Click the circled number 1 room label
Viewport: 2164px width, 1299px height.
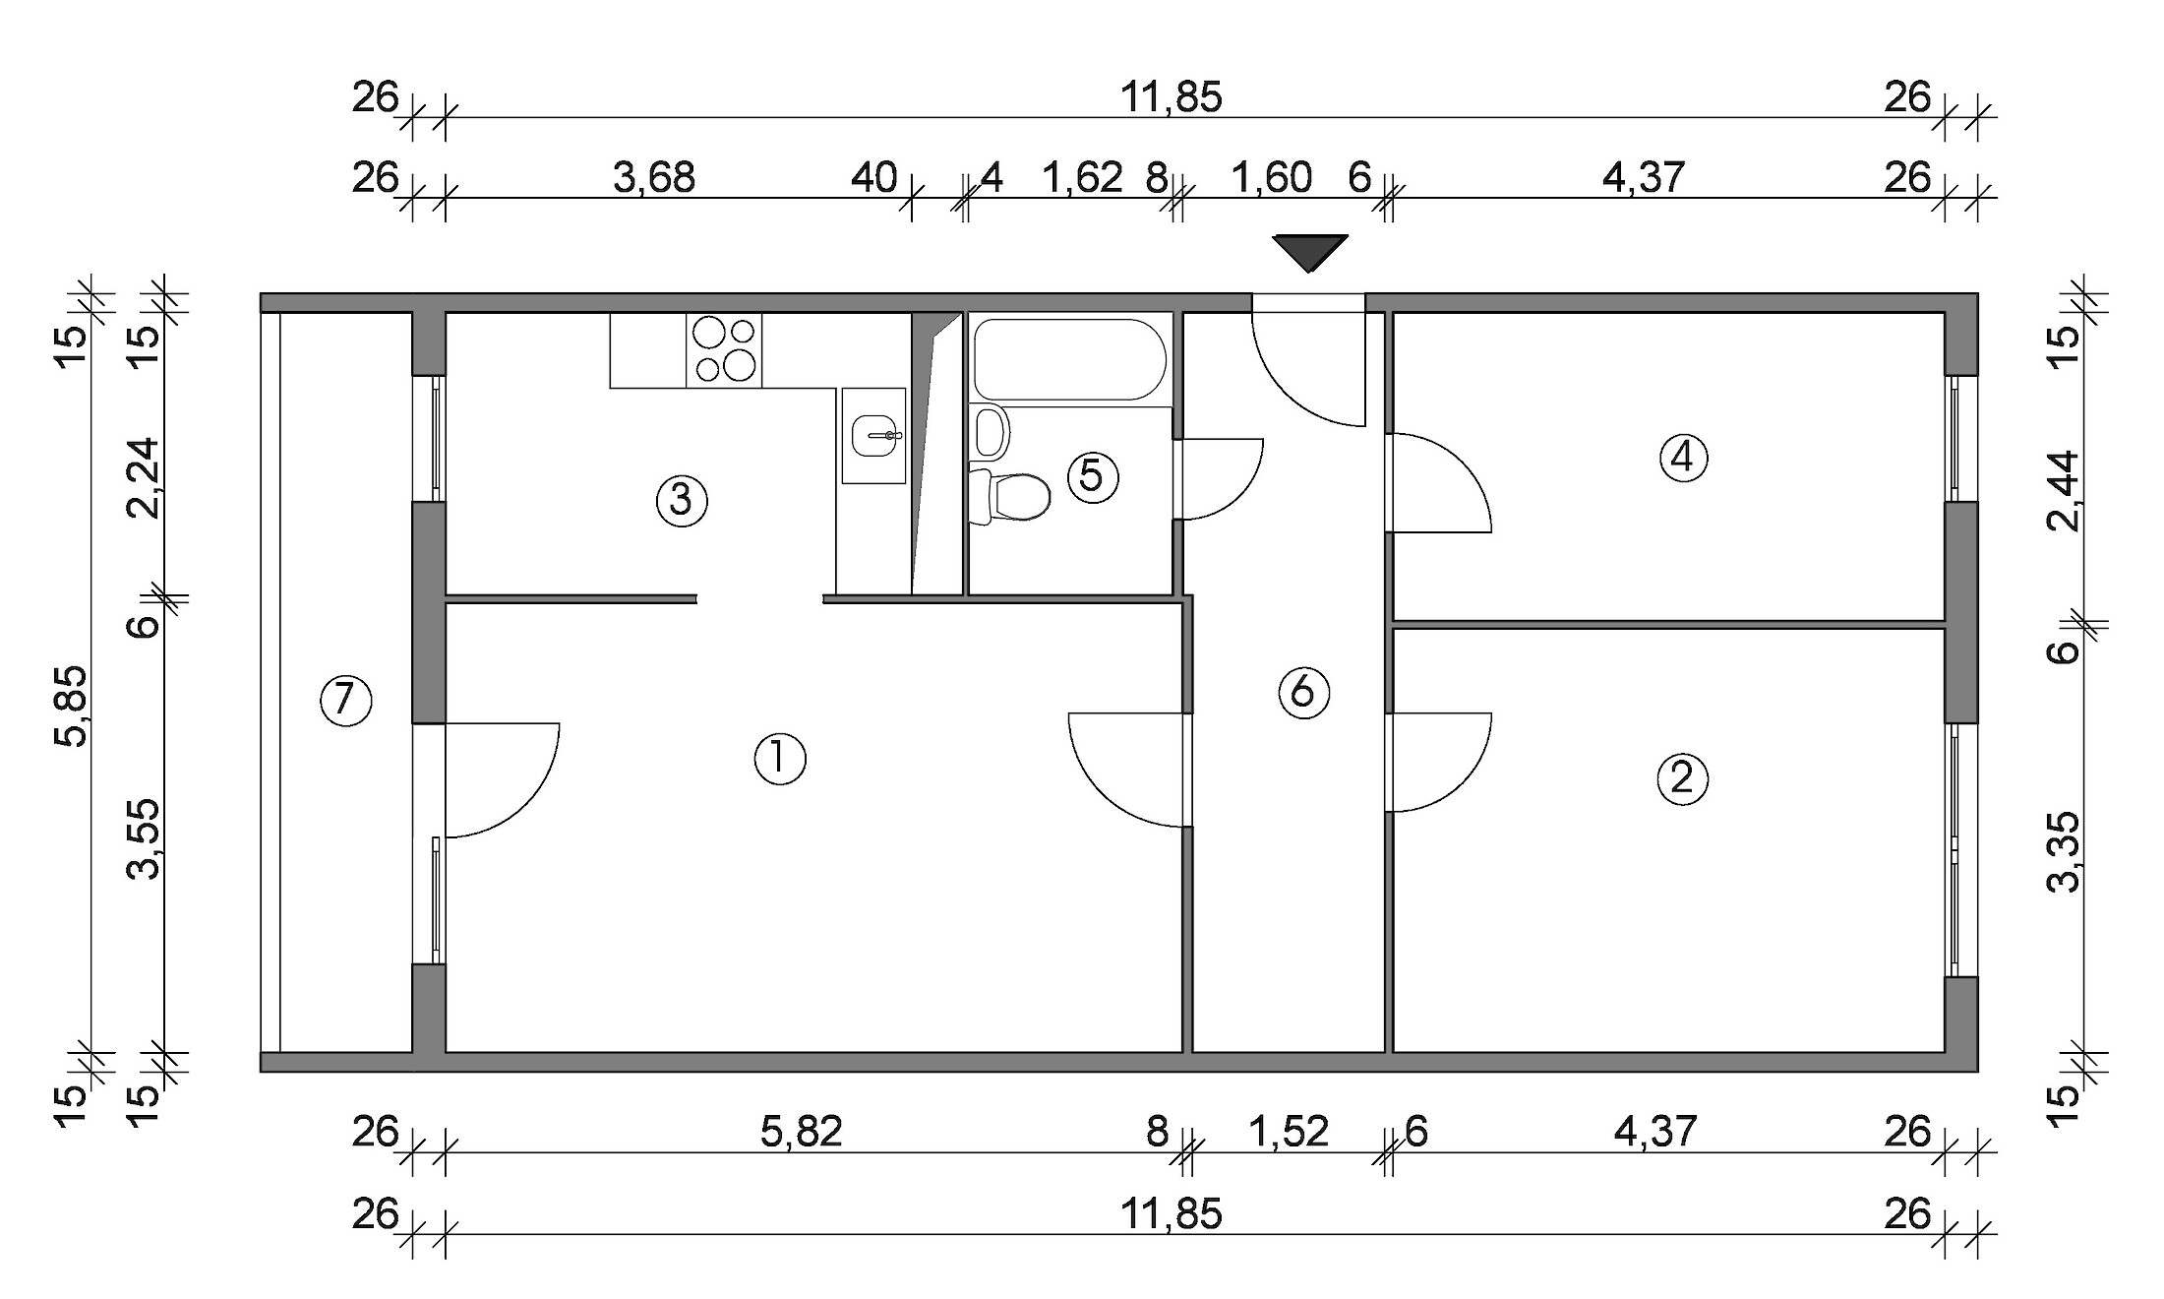780,760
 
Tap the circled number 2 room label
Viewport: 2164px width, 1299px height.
1682,778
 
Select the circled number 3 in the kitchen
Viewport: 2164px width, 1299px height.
682,501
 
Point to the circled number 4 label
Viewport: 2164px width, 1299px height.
1683,458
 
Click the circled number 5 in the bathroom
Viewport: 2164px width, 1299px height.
1092,476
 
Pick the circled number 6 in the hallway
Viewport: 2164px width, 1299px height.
1303,693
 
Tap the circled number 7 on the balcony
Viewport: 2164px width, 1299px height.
345,701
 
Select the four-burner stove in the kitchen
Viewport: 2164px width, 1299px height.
724,350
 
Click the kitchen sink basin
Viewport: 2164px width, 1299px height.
873,436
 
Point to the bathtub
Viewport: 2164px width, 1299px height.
1070,359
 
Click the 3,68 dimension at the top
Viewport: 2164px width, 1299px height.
654,179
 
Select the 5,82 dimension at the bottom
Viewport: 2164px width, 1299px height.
802,1133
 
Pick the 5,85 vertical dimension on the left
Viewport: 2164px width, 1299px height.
71,706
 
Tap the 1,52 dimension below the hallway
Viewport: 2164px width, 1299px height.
1289,1133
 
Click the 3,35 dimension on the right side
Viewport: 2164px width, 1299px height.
2065,851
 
